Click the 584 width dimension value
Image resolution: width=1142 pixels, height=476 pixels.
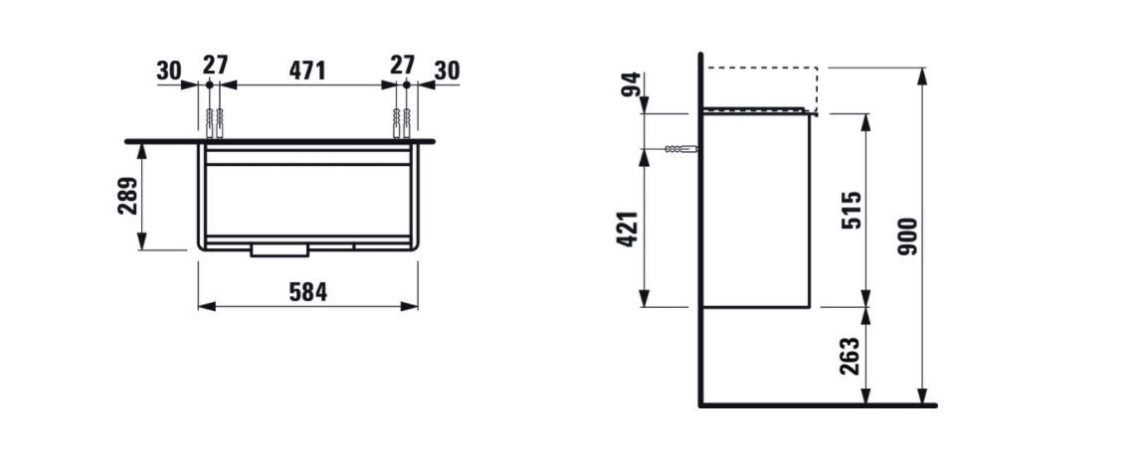pos(308,292)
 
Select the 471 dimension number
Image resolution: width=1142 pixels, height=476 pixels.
pos(307,71)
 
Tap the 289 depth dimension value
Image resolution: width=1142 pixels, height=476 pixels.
pos(128,195)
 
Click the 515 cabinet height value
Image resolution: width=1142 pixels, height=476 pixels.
pos(852,210)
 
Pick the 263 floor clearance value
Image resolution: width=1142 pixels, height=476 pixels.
pos(850,355)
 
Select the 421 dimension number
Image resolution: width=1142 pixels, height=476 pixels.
pos(628,229)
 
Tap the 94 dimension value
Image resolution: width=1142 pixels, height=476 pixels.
pos(631,83)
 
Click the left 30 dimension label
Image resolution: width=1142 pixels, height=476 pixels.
pos(168,71)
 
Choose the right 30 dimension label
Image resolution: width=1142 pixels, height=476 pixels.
pos(448,71)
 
